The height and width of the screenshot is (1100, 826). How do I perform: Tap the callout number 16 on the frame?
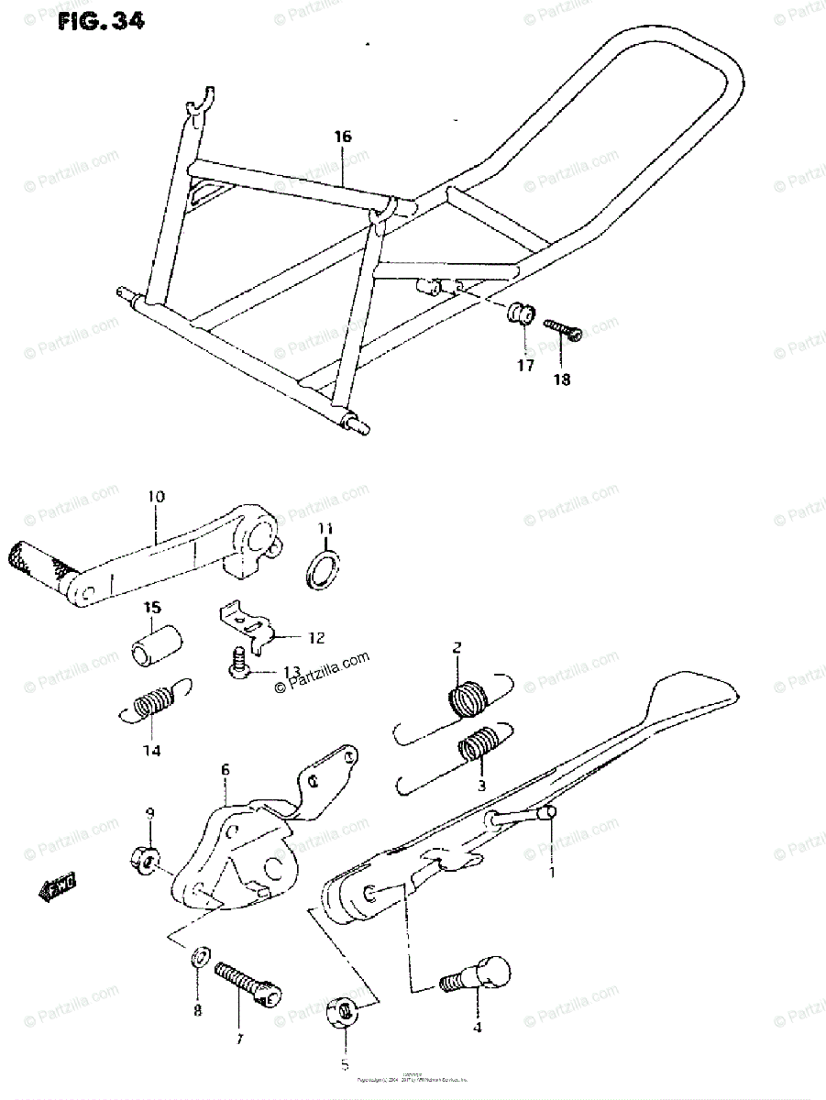[x=342, y=137]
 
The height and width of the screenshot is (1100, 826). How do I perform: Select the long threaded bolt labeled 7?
[x=248, y=981]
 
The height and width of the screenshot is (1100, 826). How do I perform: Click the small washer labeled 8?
[x=198, y=960]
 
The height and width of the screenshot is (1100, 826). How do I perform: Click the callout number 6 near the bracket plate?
[x=225, y=772]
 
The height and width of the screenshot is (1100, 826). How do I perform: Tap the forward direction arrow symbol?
[x=58, y=886]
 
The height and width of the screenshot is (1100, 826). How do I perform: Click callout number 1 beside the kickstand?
[x=553, y=872]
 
